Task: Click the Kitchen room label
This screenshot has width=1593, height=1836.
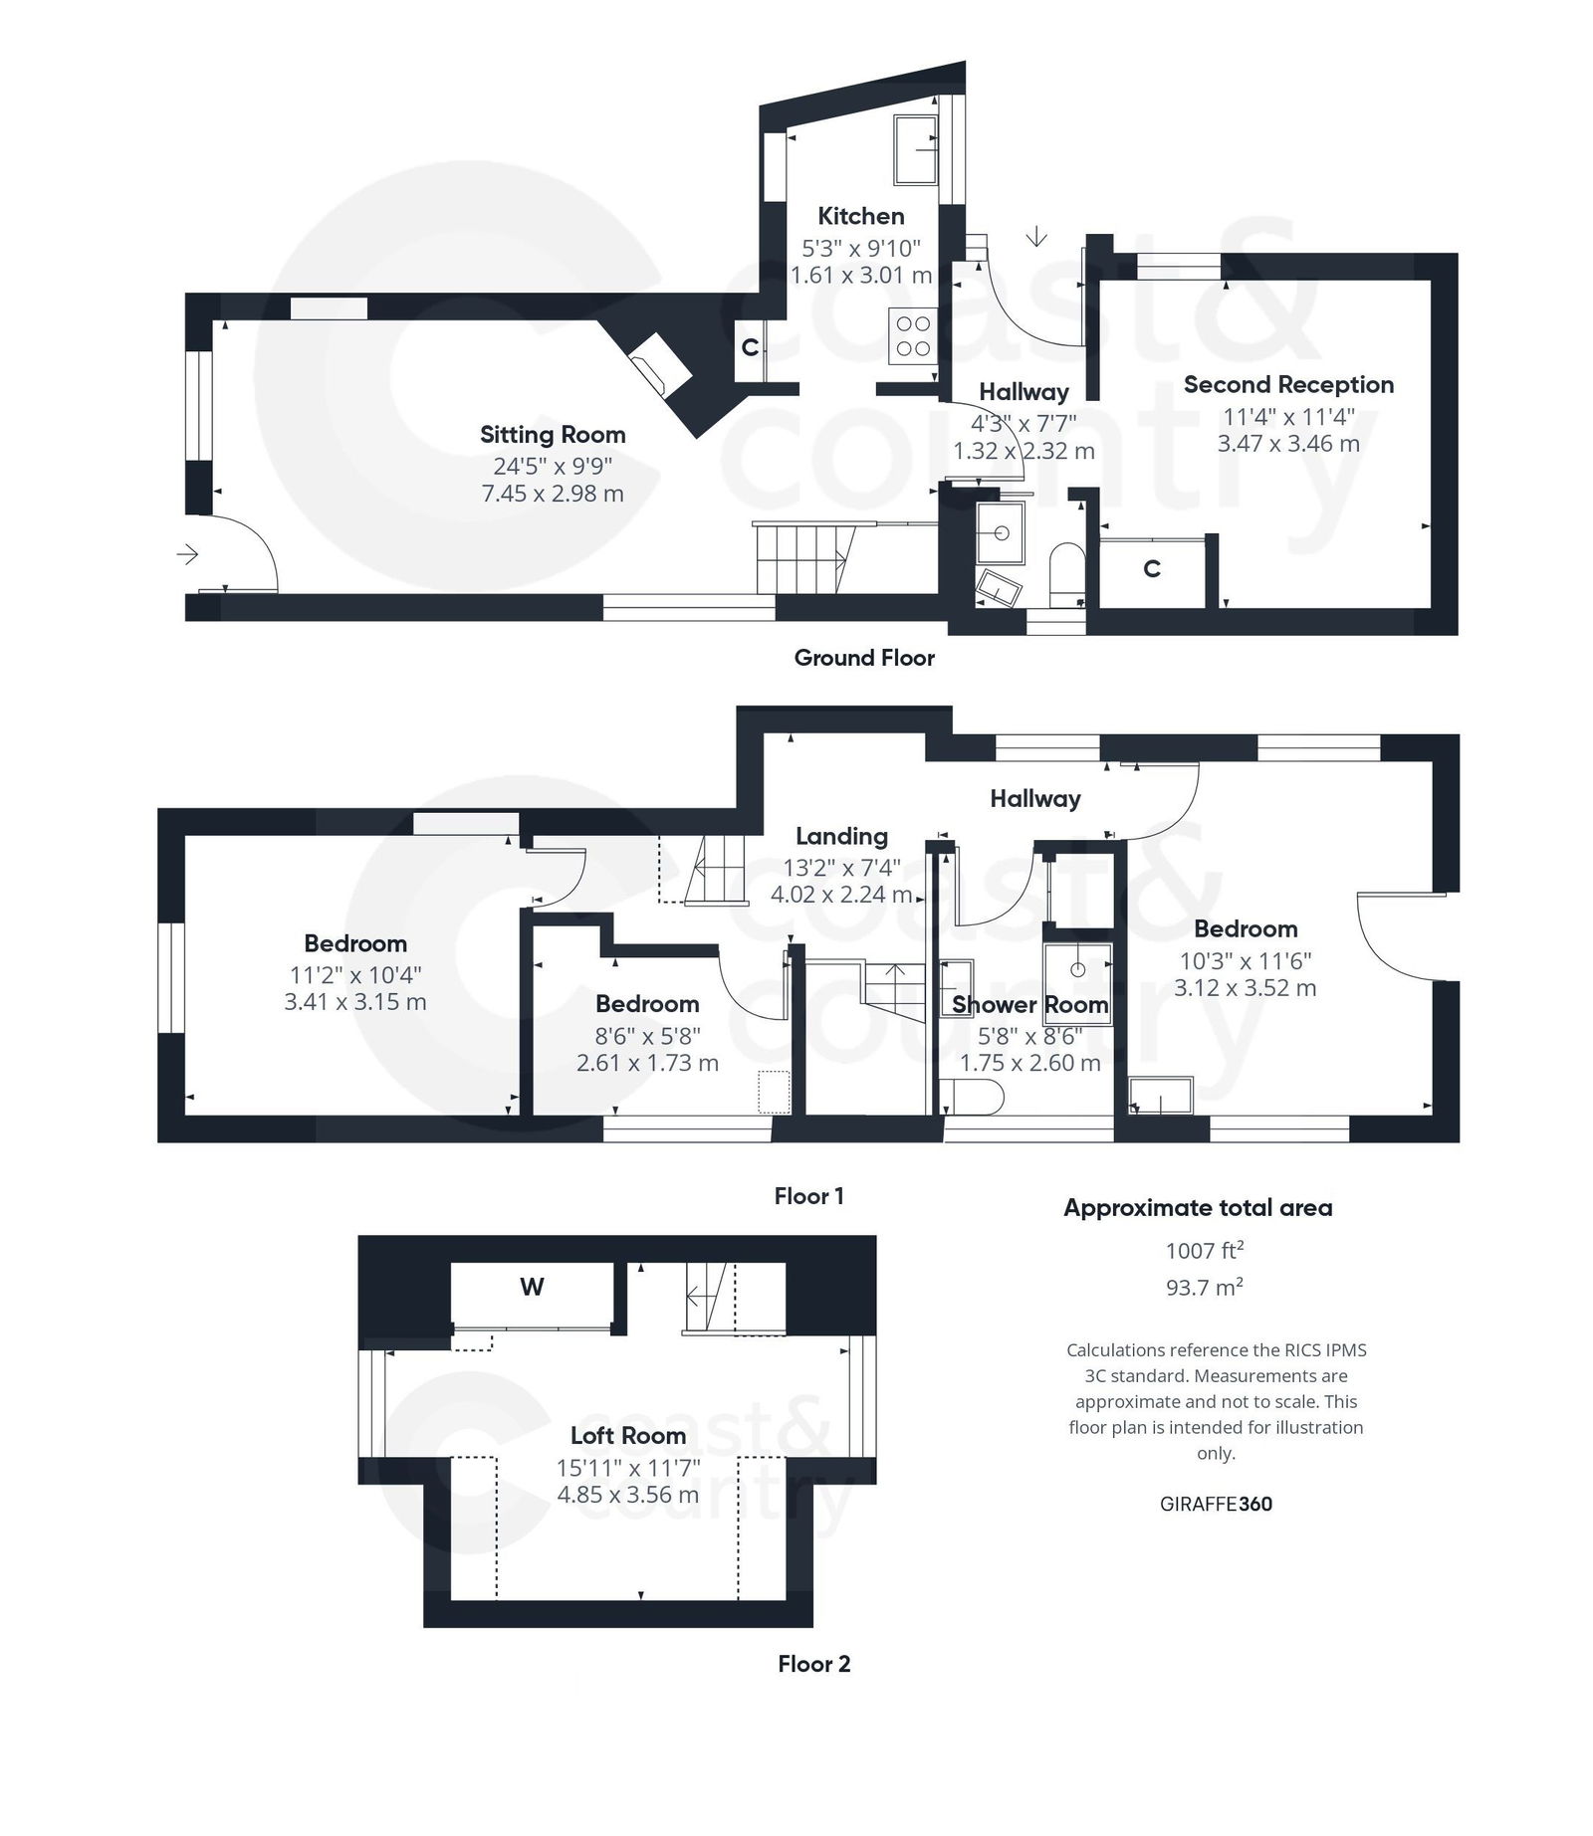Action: click(860, 216)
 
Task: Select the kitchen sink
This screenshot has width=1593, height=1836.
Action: click(914, 149)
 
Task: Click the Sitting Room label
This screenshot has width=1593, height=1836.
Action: click(553, 435)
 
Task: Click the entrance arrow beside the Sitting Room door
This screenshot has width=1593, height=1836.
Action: click(187, 554)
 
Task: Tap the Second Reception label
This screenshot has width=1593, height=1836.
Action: click(1288, 385)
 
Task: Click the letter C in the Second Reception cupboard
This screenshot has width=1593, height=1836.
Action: click(1152, 569)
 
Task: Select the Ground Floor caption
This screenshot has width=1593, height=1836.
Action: click(864, 658)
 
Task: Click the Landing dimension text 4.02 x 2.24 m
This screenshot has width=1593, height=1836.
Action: click(841, 895)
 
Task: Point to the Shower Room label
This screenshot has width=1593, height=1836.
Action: click(1029, 1005)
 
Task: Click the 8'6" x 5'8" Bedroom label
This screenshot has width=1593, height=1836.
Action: click(647, 1004)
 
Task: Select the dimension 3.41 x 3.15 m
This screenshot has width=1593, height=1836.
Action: click(355, 1002)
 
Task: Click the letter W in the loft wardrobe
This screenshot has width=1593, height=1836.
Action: click(532, 1288)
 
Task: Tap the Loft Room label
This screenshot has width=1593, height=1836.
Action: click(628, 1436)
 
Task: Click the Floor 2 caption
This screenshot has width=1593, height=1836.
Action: click(813, 1665)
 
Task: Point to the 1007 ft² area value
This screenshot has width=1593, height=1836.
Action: click(1205, 1251)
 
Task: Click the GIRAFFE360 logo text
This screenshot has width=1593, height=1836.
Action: click(1216, 1505)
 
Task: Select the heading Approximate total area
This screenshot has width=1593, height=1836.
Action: click(1198, 1208)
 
